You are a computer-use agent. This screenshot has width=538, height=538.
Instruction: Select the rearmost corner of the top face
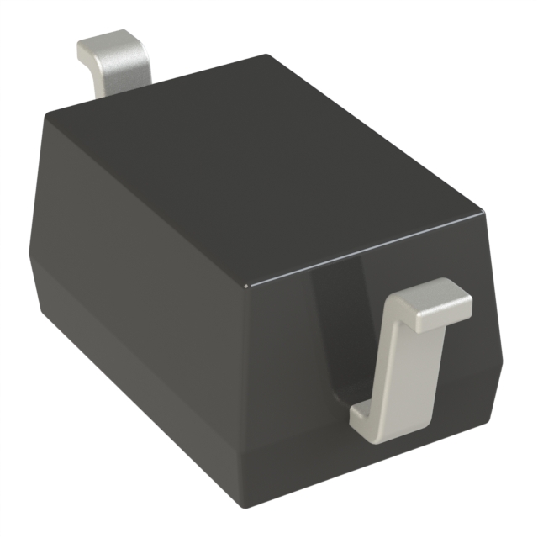click(x=267, y=56)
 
